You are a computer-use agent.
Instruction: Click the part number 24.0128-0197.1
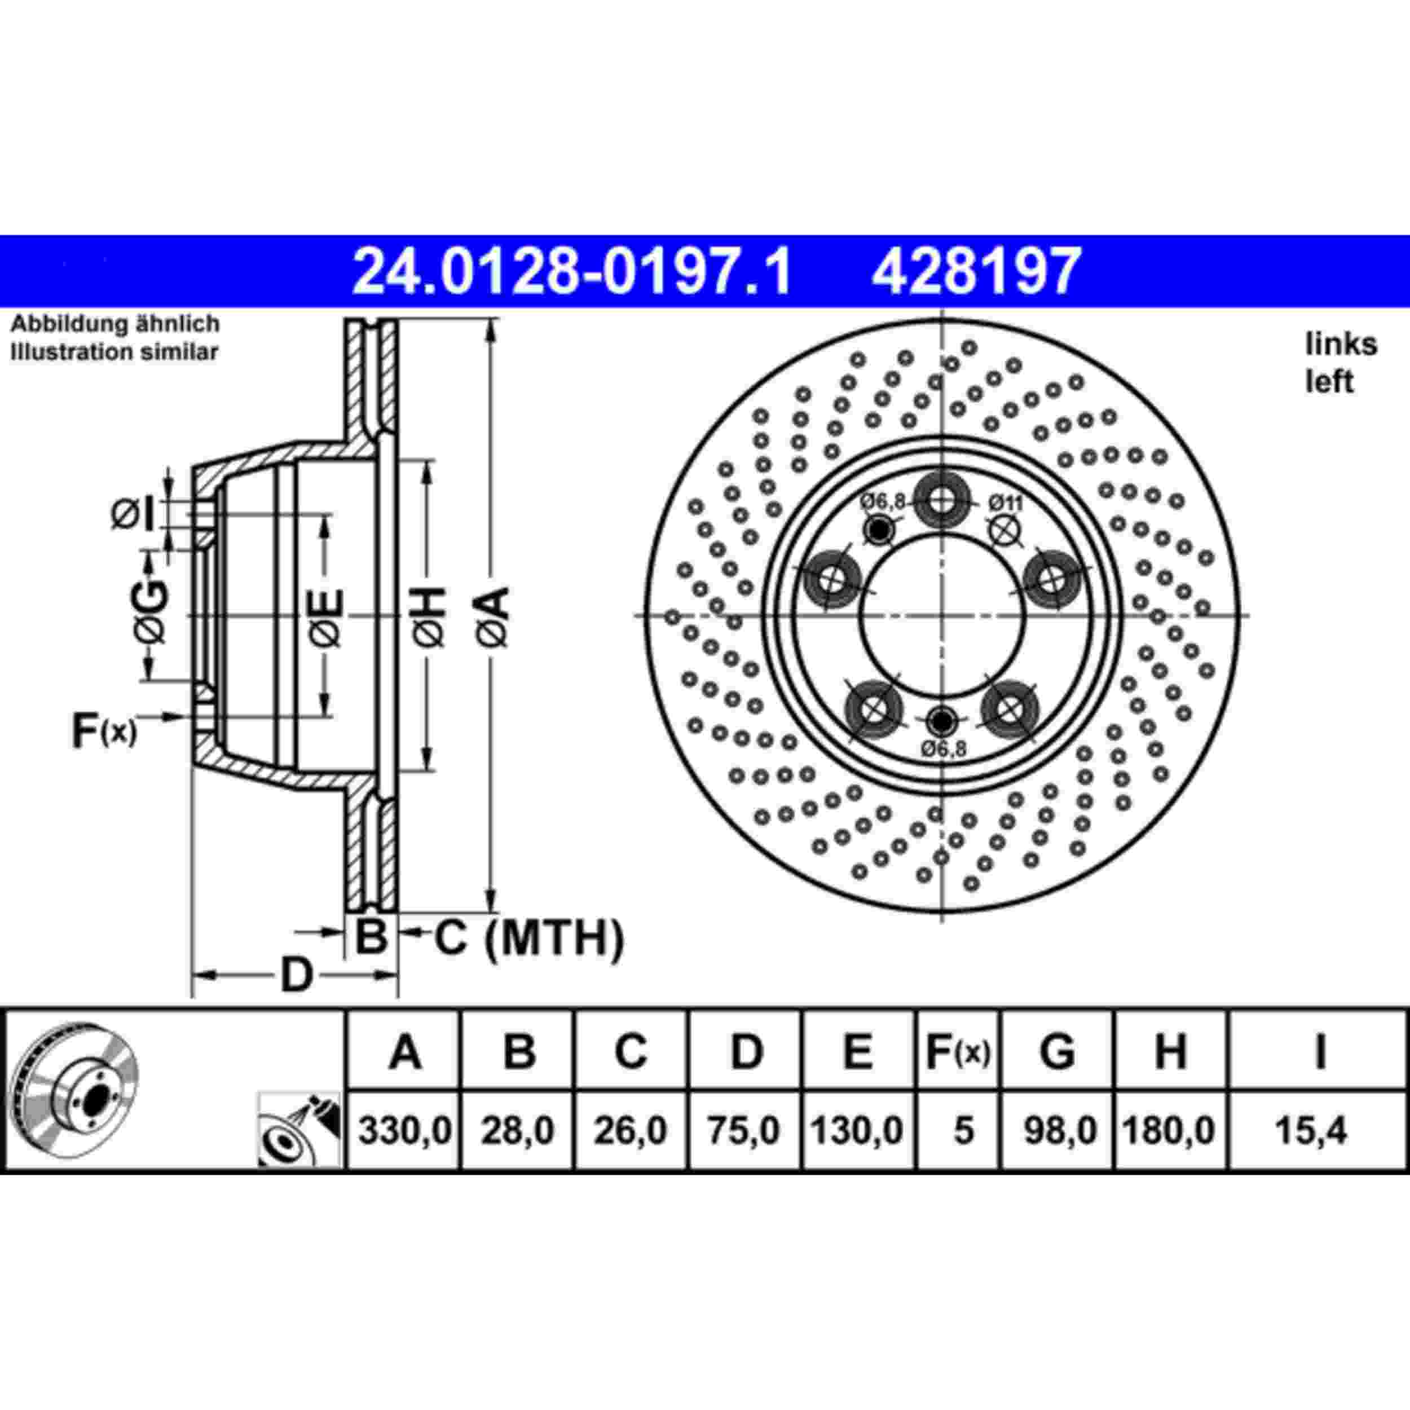571,271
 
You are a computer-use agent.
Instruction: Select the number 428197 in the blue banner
975,271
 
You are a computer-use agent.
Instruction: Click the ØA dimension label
494,616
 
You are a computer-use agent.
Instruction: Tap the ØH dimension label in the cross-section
430,616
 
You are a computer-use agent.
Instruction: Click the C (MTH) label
530,938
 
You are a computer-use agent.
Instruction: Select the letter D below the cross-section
296,975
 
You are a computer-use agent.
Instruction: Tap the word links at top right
1341,345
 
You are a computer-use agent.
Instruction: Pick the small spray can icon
300,1130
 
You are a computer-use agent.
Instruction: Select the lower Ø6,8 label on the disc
943,750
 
